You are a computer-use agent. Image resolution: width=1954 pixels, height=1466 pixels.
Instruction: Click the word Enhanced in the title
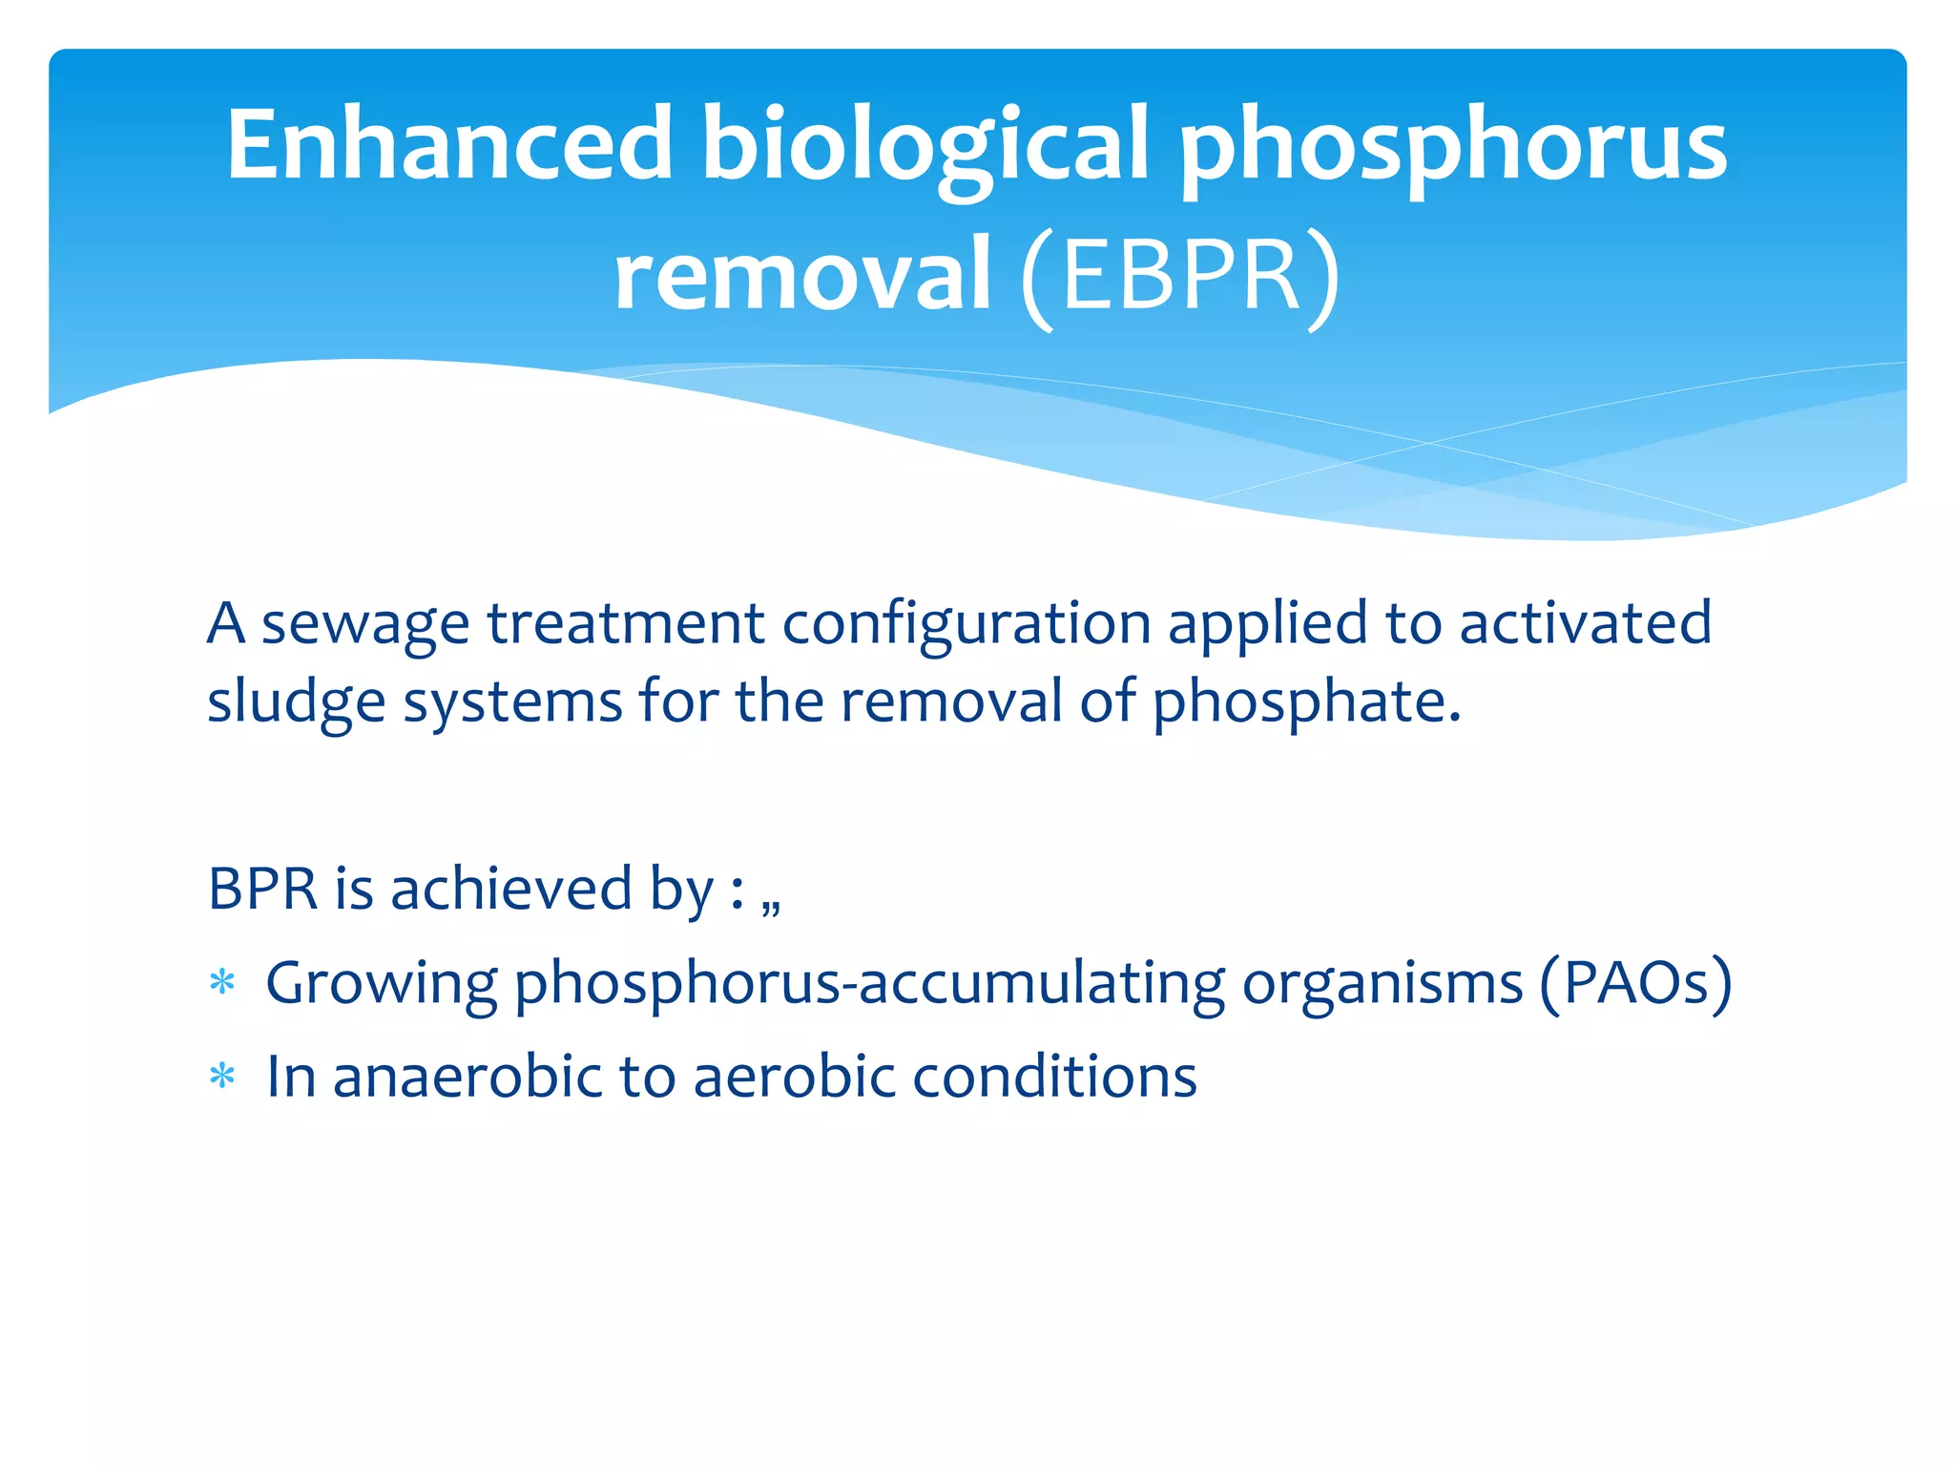point(449,145)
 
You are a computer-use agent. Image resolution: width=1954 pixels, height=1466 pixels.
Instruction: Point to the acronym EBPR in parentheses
point(1181,276)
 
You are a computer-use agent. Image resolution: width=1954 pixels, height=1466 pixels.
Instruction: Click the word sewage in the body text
point(365,625)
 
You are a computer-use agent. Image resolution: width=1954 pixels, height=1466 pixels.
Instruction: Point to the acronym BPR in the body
point(262,889)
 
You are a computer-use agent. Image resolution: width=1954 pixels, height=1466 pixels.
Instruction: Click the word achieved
point(511,889)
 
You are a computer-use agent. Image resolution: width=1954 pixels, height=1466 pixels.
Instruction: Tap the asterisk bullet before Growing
point(222,983)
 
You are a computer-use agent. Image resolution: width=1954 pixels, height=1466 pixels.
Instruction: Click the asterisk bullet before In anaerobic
point(222,1077)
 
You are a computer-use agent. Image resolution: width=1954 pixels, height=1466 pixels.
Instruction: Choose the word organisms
point(1382,983)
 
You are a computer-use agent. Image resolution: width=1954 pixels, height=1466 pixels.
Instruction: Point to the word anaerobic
point(467,1077)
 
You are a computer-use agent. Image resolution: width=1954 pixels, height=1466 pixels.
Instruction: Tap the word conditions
point(1054,1077)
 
